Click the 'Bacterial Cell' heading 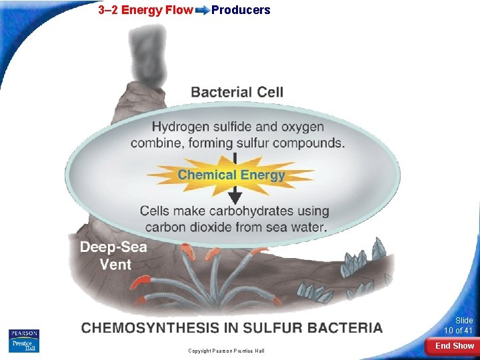click(x=237, y=92)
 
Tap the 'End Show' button click(x=455, y=346)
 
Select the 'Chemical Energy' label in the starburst click(x=231, y=175)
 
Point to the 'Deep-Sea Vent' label click(x=113, y=255)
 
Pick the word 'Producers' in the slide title click(x=241, y=10)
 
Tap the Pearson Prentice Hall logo click(x=24, y=340)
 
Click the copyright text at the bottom click(x=226, y=351)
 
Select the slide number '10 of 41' click(x=459, y=331)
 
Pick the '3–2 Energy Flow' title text click(x=145, y=10)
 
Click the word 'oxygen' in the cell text click(x=301, y=127)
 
